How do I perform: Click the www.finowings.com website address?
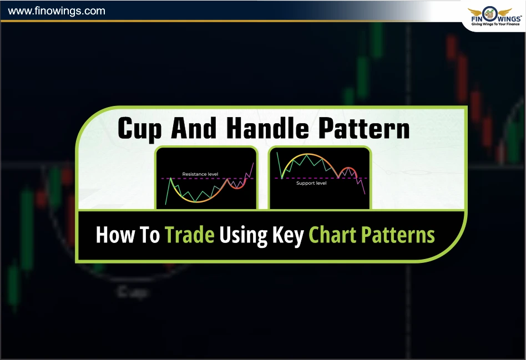(x=57, y=11)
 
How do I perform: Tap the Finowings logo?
(x=495, y=17)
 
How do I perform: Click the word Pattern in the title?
(x=364, y=128)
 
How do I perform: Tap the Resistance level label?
(x=200, y=174)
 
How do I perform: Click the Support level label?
(x=311, y=183)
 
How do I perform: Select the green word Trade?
(x=190, y=235)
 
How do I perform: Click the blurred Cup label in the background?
(x=132, y=292)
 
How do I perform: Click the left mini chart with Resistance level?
(x=206, y=178)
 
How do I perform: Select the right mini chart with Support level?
(x=320, y=178)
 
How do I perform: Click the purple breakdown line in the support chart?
(x=361, y=185)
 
